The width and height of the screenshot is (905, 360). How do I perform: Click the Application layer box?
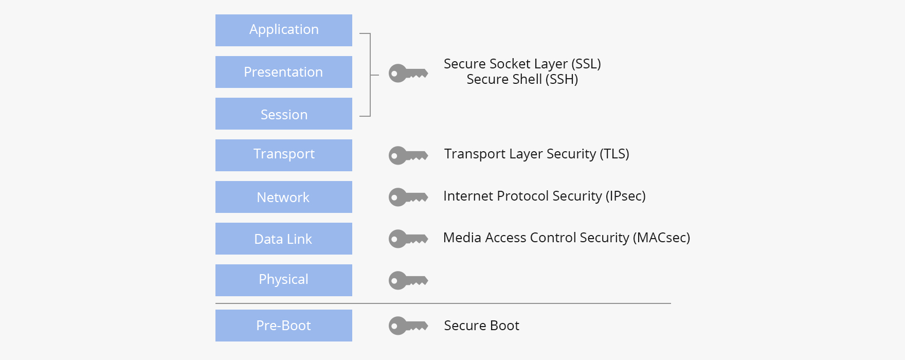pos(284,30)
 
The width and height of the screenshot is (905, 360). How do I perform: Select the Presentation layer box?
pos(284,72)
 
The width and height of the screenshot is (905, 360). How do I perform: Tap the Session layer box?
pos(284,114)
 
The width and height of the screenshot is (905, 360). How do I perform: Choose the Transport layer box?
pos(284,155)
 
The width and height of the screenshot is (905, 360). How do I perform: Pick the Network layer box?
pos(284,197)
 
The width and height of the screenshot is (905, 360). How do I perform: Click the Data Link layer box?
pos(284,239)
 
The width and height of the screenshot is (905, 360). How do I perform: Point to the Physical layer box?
pos(284,280)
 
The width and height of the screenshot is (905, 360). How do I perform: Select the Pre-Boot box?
pos(284,326)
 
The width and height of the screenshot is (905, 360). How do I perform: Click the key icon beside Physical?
pos(408,280)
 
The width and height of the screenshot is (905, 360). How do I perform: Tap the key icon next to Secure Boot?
pos(408,326)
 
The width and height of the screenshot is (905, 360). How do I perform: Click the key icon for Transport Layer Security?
pos(408,155)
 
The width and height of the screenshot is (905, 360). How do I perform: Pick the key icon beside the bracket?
pos(408,74)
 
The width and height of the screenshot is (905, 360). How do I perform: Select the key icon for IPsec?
pos(408,197)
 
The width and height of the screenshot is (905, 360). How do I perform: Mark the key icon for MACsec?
pos(408,239)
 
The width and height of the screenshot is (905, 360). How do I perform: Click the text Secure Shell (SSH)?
pos(522,80)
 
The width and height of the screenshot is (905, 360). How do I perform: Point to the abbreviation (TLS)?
pos(614,154)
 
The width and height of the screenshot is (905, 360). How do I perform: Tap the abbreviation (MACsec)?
pos(661,238)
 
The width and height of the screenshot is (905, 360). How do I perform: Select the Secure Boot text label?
pos(481,326)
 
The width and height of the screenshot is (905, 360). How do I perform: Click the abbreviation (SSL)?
pos(586,64)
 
